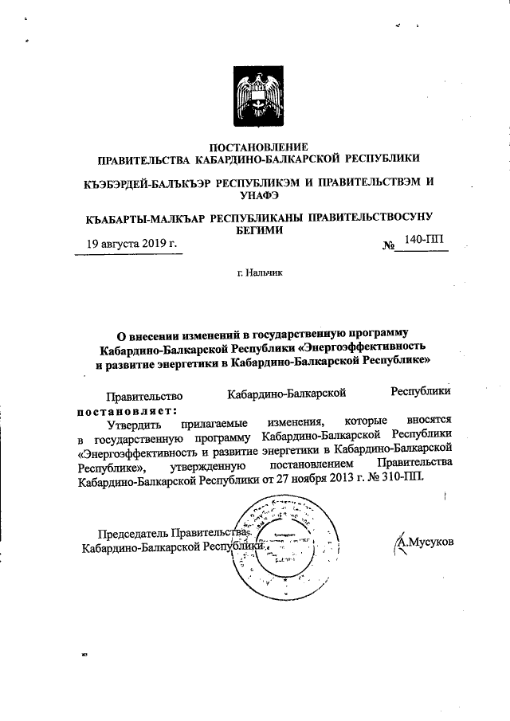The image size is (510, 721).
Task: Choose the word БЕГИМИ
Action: click(258, 229)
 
